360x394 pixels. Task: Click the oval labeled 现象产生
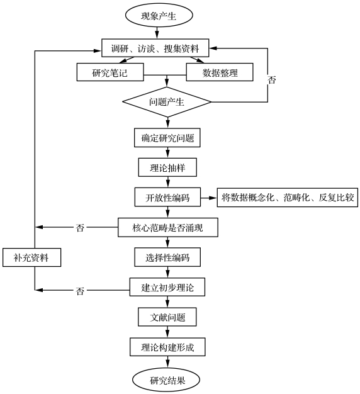[x=159, y=15]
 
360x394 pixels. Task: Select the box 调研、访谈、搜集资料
[x=155, y=48]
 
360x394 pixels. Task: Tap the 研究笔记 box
[x=110, y=72]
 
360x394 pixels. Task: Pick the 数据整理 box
[x=220, y=72]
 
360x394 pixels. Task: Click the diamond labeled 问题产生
[x=167, y=102]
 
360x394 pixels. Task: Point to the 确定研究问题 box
[x=167, y=138]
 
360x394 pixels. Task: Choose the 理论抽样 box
[x=167, y=167]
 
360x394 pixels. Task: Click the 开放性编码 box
[x=167, y=197]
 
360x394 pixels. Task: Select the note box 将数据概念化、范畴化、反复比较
[x=288, y=198]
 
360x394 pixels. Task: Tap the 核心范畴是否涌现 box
[x=168, y=227]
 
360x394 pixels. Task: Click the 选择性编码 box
[x=167, y=257]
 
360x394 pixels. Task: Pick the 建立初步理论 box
[x=167, y=287]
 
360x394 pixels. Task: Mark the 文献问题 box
[x=167, y=317]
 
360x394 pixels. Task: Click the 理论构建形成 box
[x=167, y=347]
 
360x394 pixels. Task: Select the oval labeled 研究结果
[x=166, y=380]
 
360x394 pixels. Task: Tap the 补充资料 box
[x=32, y=257]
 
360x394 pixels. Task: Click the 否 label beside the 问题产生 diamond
[x=272, y=80]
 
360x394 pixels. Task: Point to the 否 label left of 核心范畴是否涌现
[x=80, y=228]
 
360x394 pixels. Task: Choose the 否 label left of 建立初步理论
[x=80, y=291]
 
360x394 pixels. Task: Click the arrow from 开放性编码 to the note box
[x=209, y=198]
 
